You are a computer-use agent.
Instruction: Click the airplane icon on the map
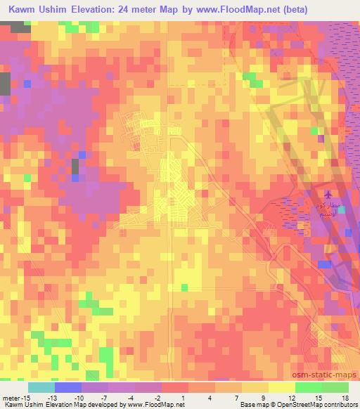pyautogui.click(x=328, y=193)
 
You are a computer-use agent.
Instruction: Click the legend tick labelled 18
pyautogui.click(x=344, y=398)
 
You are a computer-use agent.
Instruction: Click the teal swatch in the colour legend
pyautogui.click(x=41, y=387)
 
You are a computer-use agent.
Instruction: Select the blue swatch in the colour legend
pyautogui.click(x=68, y=387)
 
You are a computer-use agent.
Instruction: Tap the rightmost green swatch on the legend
pyautogui.click(x=335, y=387)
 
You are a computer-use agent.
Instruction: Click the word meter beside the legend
pyautogui.click(x=11, y=398)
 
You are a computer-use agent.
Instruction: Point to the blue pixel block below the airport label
pyautogui.click(x=324, y=264)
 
